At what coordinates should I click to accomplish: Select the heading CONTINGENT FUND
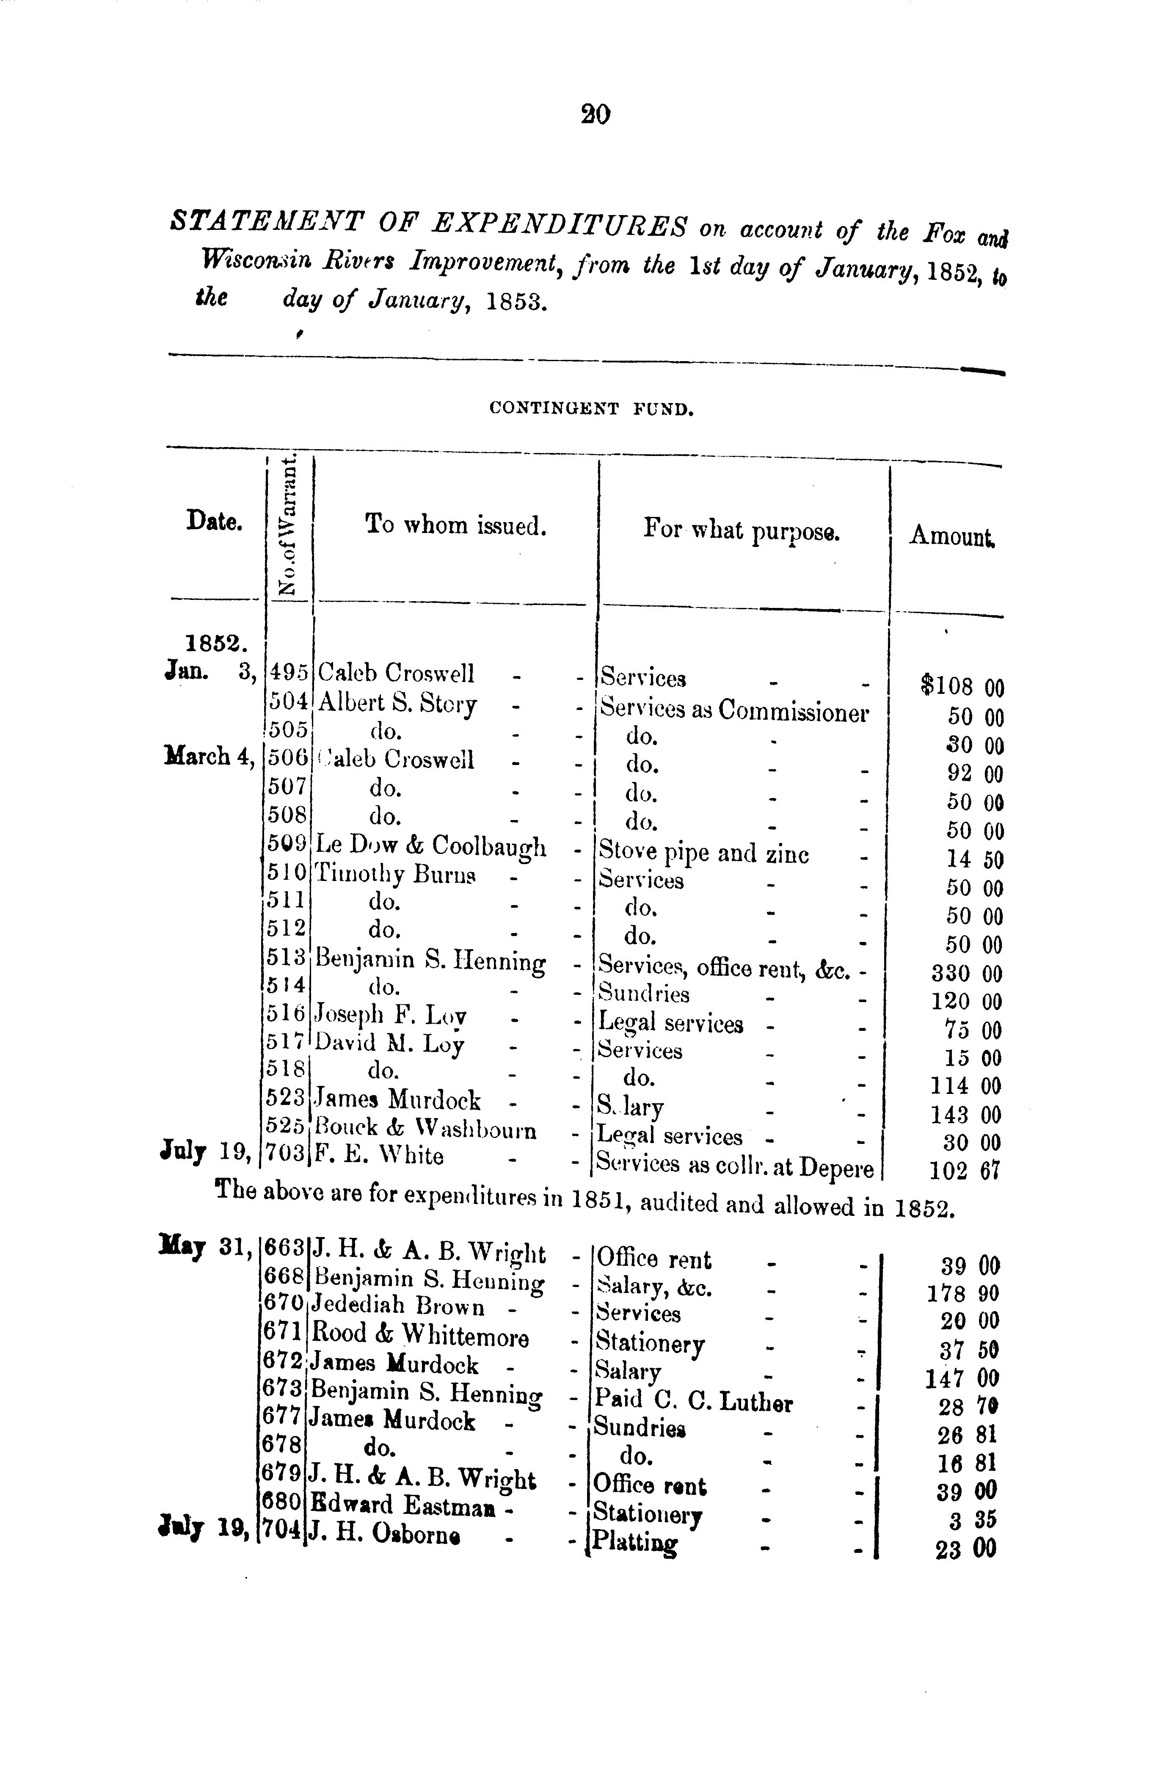tap(591, 408)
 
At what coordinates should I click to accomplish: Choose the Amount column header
tap(952, 535)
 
